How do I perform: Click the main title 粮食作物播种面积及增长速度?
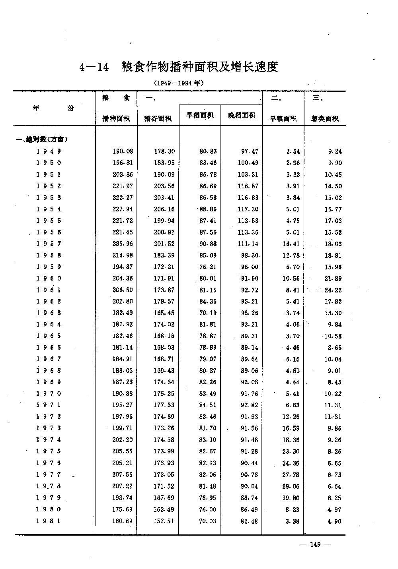click(199, 67)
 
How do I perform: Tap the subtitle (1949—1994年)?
click(179, 83)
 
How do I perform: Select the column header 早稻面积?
click(200, 115)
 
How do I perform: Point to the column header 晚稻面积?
click(242, 115)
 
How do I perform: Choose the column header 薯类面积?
click(325, 118)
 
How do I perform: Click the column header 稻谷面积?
click(158, 118)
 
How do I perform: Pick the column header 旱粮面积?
click(283, 118)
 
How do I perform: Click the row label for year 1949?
click(49, 151)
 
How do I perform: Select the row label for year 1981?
click(49, 521)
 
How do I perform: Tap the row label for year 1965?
click(49, 336)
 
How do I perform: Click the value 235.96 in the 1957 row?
click(123, 244)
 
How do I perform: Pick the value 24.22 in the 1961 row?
click(333, 290)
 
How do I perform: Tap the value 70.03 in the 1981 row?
click(208, 521)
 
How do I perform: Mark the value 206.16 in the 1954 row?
click(164, 209)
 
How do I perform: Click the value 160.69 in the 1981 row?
click(122, 521)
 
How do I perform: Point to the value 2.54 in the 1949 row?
click(293, 151)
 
